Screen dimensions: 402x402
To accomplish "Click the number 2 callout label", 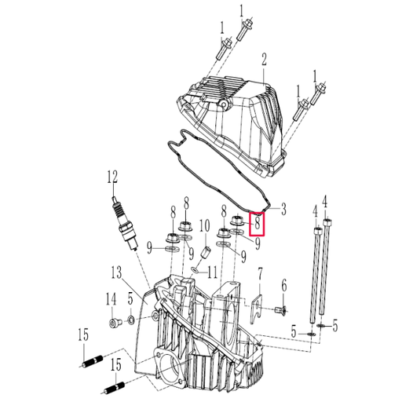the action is (264, 60).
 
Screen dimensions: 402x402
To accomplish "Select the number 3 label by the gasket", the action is (283, 209).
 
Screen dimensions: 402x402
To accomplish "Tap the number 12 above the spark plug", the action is (112, 177).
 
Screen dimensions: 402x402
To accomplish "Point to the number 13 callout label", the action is (116, 272).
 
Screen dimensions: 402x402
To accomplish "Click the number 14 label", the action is (111, 299).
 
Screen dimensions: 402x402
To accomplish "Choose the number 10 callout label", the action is (205, 226).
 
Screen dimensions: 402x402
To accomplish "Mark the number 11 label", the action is (212, 272).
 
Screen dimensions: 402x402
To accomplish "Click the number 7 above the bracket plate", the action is (260, 274).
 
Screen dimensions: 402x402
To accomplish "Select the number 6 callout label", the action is (284, 285).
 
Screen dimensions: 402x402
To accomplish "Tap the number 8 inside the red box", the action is (258, 224).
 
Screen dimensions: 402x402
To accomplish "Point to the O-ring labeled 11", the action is (195, 269).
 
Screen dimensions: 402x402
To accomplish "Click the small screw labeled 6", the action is (280, 310).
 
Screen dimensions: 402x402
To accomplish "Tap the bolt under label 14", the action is (114, 322).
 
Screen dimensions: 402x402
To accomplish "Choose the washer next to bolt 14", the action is (130, 320).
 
